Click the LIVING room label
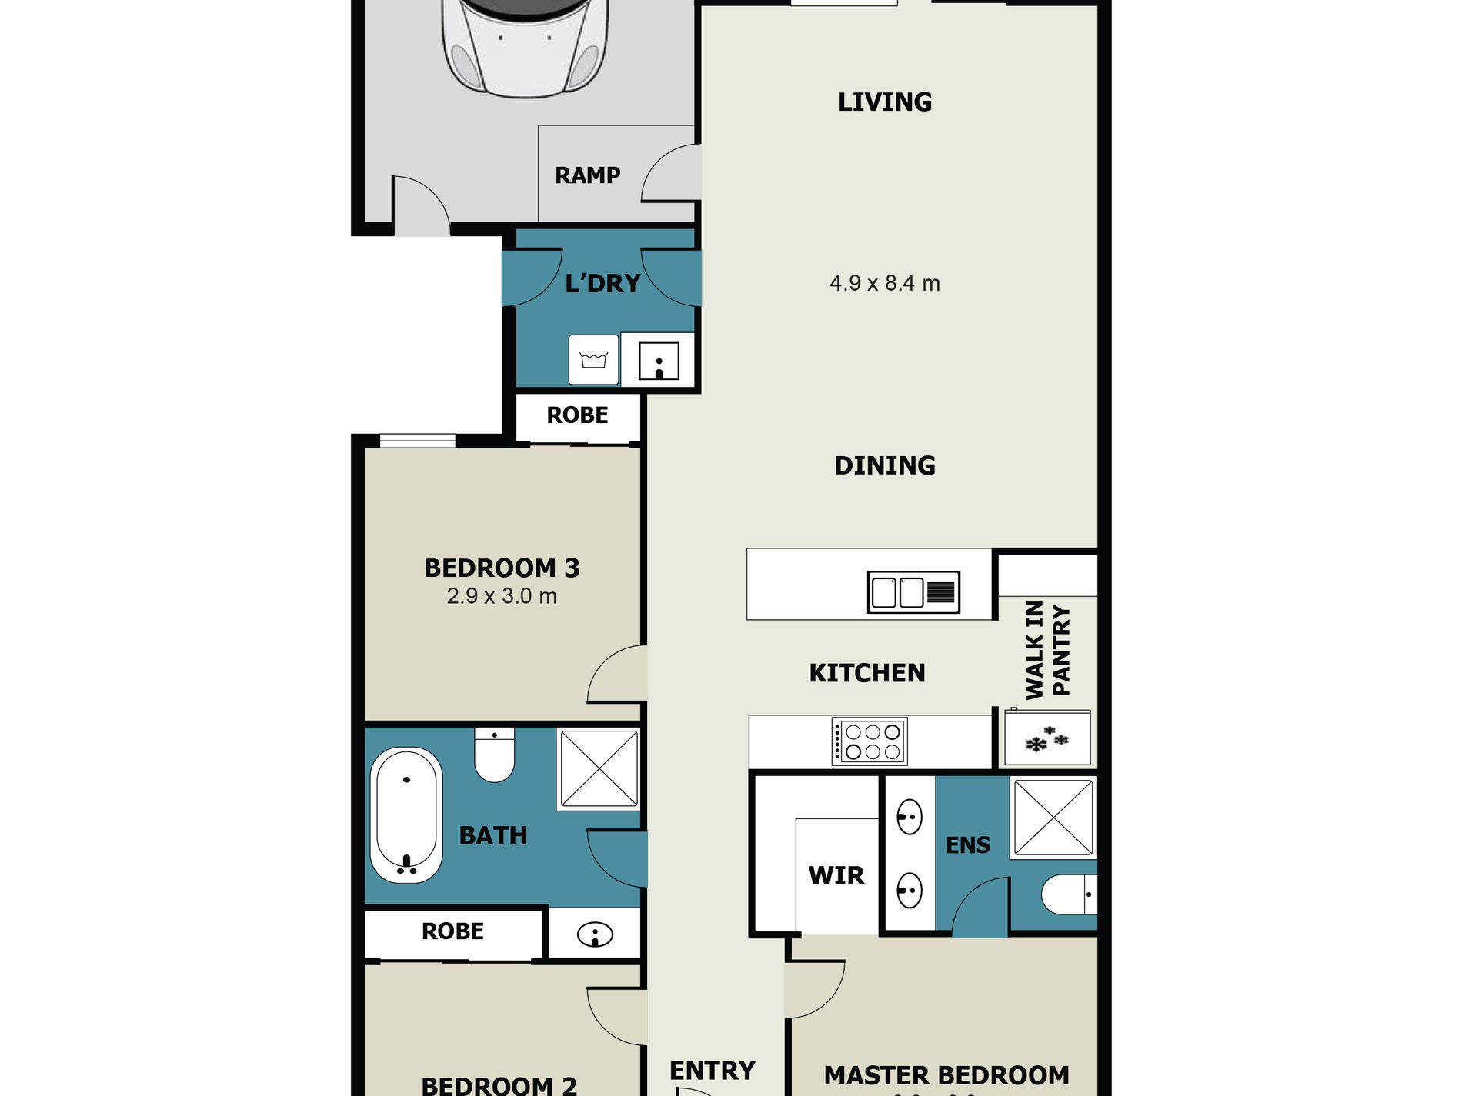point(884,102)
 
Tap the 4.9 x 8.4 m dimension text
point(884,283)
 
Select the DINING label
point(884,465)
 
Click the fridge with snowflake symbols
point(1046,738)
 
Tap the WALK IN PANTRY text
point(1047,651)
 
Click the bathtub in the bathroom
point(406,815)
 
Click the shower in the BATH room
point(599,769)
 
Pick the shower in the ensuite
point(1053,818)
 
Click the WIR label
point(836,875)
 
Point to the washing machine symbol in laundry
point(593,359)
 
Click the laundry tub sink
point(659,360)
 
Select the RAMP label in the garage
point(587,175)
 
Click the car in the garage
point(524,46)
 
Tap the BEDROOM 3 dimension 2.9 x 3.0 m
point(502,596)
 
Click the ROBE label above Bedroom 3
point(577,415)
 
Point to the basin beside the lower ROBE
point(595,934)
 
